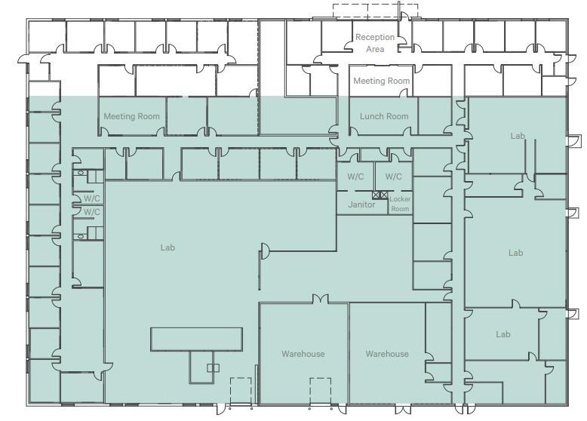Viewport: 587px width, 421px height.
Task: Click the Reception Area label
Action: point(375,43)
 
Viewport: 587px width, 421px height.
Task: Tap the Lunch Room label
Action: point(384,116)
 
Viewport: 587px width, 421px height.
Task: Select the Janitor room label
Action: point(361,204)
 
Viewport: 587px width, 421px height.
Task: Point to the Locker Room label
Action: point(400,204)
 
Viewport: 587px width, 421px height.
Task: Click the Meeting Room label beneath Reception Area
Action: point(382,81)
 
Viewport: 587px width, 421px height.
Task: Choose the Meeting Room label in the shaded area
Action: point(132,116)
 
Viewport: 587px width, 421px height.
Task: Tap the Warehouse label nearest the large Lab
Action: point(303,354)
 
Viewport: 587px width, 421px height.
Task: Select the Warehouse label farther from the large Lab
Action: point(387,354)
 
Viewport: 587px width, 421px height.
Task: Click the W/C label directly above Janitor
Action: point(355,177)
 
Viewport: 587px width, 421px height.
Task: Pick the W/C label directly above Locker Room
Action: point(393,177)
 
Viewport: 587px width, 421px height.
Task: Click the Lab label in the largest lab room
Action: point(167,247)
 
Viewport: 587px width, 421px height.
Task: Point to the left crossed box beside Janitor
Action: point(376,195)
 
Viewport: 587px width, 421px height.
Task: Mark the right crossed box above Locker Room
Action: point(384,195)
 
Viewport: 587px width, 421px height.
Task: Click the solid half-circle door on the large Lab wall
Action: point(266,251)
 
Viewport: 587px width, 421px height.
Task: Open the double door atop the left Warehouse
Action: point(321,299)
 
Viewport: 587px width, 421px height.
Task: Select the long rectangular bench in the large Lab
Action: point(196,340)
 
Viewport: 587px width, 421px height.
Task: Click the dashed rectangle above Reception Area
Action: point(375,11)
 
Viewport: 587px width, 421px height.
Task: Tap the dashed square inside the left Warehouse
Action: point(320,392)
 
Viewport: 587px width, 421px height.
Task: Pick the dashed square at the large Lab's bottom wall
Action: point(241,392)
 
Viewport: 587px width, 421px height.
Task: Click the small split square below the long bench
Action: point(214,368)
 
